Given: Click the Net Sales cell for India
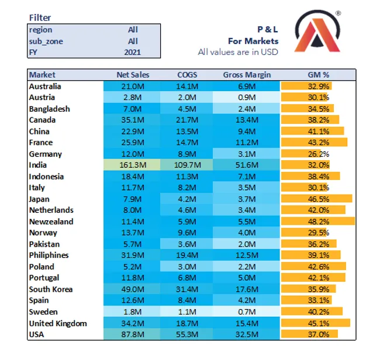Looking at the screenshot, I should point(133,165).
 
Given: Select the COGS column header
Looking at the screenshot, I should point(188,75).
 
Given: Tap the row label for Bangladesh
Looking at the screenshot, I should point(50,109).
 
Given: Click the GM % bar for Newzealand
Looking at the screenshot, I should point(318,221).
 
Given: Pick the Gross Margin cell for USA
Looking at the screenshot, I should point(247,334).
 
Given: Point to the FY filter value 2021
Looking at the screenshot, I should point(133,52).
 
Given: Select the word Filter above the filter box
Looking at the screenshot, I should point(40,18).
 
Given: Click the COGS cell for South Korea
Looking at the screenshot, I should point(188,289).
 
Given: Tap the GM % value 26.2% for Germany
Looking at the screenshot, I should point(319,154).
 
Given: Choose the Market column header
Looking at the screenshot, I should point(43,75).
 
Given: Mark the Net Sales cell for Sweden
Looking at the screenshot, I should point(133,311).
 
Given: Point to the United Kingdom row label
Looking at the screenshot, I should point(58,323).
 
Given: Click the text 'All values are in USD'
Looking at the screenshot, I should point(238,52).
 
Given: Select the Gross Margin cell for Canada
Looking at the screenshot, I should point(247,120).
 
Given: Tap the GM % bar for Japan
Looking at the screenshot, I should point(317,199).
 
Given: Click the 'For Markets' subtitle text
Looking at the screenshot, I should point(253,41).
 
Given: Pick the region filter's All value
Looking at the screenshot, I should point(133,30).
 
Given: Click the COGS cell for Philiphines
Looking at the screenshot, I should point(188,255).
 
